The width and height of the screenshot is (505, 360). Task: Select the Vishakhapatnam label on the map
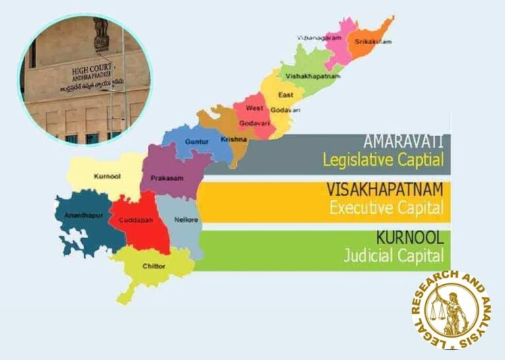pos(313,76)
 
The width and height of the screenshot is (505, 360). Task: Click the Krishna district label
pos(229,141)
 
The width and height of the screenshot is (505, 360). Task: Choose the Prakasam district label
pos(166,178)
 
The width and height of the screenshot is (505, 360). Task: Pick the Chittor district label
pos(153,266)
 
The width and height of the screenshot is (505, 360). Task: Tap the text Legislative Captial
pos(383,159)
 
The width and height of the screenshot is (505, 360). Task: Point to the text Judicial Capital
pos(393,255)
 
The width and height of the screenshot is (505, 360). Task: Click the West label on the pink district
pos(254,108)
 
